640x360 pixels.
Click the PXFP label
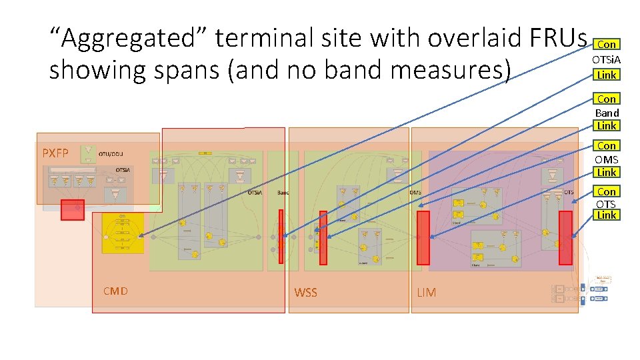[x=55, y=153]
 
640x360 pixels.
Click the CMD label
[x=115, y=291]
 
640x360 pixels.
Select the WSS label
[x=306, y=293]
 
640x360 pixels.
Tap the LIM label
[x=427, y=293]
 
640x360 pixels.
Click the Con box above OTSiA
[x=606, y=44]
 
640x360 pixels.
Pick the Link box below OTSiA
[x=606, y=75]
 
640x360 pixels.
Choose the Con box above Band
[x=607, y=99]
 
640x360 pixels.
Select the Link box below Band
[x=607, y=125]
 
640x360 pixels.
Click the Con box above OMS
[x=607, y=145]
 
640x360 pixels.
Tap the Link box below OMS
[x=607, y=172]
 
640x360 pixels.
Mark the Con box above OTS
[x=607, y=191]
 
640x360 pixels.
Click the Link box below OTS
[x=607, y=215]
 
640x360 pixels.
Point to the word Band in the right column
[x=607, y=113]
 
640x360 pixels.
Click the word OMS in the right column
[x=607, y=159]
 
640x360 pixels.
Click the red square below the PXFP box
[x=72, y=209]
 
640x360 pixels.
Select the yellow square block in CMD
[x=123, y=233]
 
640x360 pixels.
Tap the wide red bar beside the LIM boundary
[x=423, y=238]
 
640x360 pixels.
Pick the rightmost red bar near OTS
[x=565, y=237]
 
